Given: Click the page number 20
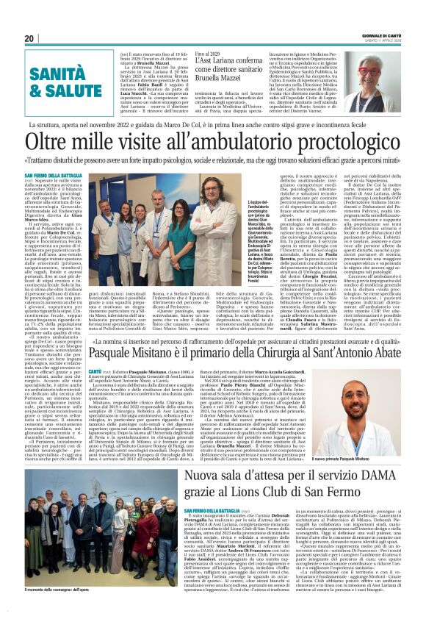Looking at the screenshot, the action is (x=29, y=38).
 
